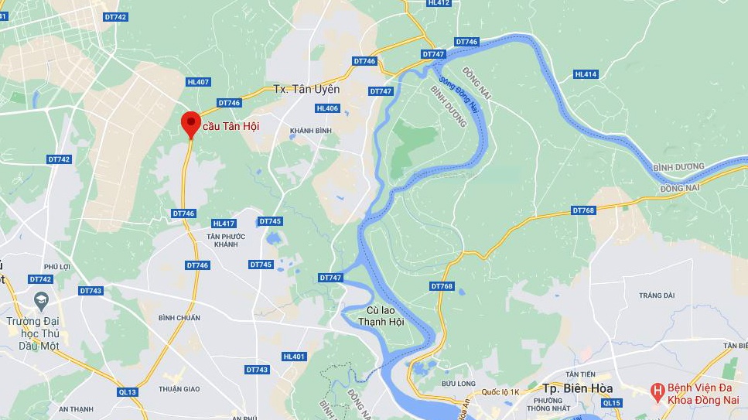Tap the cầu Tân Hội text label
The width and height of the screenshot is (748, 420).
(x=231, y=125)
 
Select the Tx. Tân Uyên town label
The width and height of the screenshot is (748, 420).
(x=306, y=89)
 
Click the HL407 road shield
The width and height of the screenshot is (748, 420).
(x=198, y=82)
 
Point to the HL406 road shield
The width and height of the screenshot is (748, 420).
(x=328, y=108)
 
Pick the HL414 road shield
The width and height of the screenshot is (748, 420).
(x=586, y=74)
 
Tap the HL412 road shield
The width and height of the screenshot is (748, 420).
(x=439, y=3)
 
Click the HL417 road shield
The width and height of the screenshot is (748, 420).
(x=223, y=224)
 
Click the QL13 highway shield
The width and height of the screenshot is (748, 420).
(x=128, y=392)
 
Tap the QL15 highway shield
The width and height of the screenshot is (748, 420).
(x=611, y=402)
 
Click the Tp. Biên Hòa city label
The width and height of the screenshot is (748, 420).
(x=577, y=388)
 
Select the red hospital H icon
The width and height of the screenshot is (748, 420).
(x=657, y=391)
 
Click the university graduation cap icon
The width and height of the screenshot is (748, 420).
(x=39, y=299)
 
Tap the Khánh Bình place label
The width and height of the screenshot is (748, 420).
(x=310, y=131)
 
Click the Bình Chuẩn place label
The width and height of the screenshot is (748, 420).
(x=179, y=318)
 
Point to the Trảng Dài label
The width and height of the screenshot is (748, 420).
(x=657, y=295)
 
